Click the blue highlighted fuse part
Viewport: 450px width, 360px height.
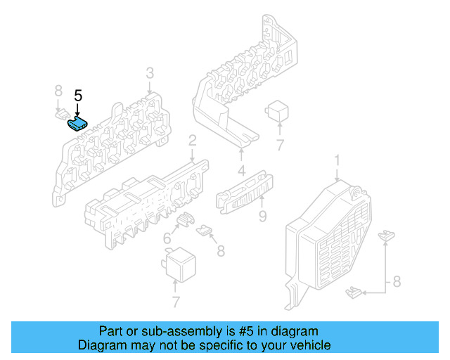pos(76,125)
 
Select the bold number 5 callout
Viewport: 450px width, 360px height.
pos(78,96)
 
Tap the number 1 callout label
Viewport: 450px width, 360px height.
pos(336,161)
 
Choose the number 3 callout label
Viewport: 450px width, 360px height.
pos(150,74)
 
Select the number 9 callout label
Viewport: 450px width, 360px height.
pos(262,216)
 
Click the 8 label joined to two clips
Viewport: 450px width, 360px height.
pos(397,282)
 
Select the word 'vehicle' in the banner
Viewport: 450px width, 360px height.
pos(311,345)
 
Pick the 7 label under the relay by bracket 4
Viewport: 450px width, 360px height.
pos(279,146)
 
